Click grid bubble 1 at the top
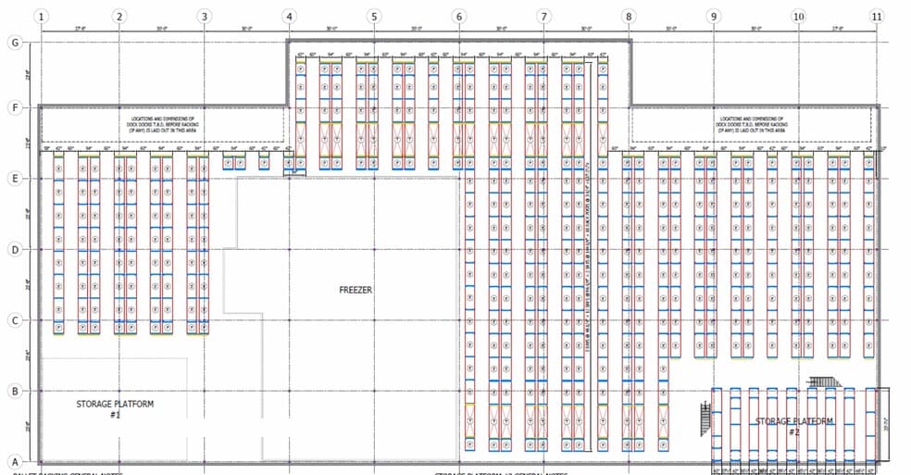point(42,16)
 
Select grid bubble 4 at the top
point(290,16)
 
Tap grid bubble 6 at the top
point(459,16)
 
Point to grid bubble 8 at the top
point(629,16)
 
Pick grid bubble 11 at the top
point(877,16)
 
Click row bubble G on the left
point(14,43)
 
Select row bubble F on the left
point(14,107)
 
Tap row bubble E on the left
point(14,179)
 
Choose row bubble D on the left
point(14,249)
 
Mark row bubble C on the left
point(14,320)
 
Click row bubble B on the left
point(14,391)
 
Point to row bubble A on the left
point(14,461)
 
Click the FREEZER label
point(356,290)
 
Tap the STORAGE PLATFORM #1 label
point(115,409)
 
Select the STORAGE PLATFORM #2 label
point(793,426)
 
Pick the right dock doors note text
point(751,124)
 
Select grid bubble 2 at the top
point(119,16)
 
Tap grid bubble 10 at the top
point(798,16)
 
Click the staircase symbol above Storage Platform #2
point(823,381)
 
